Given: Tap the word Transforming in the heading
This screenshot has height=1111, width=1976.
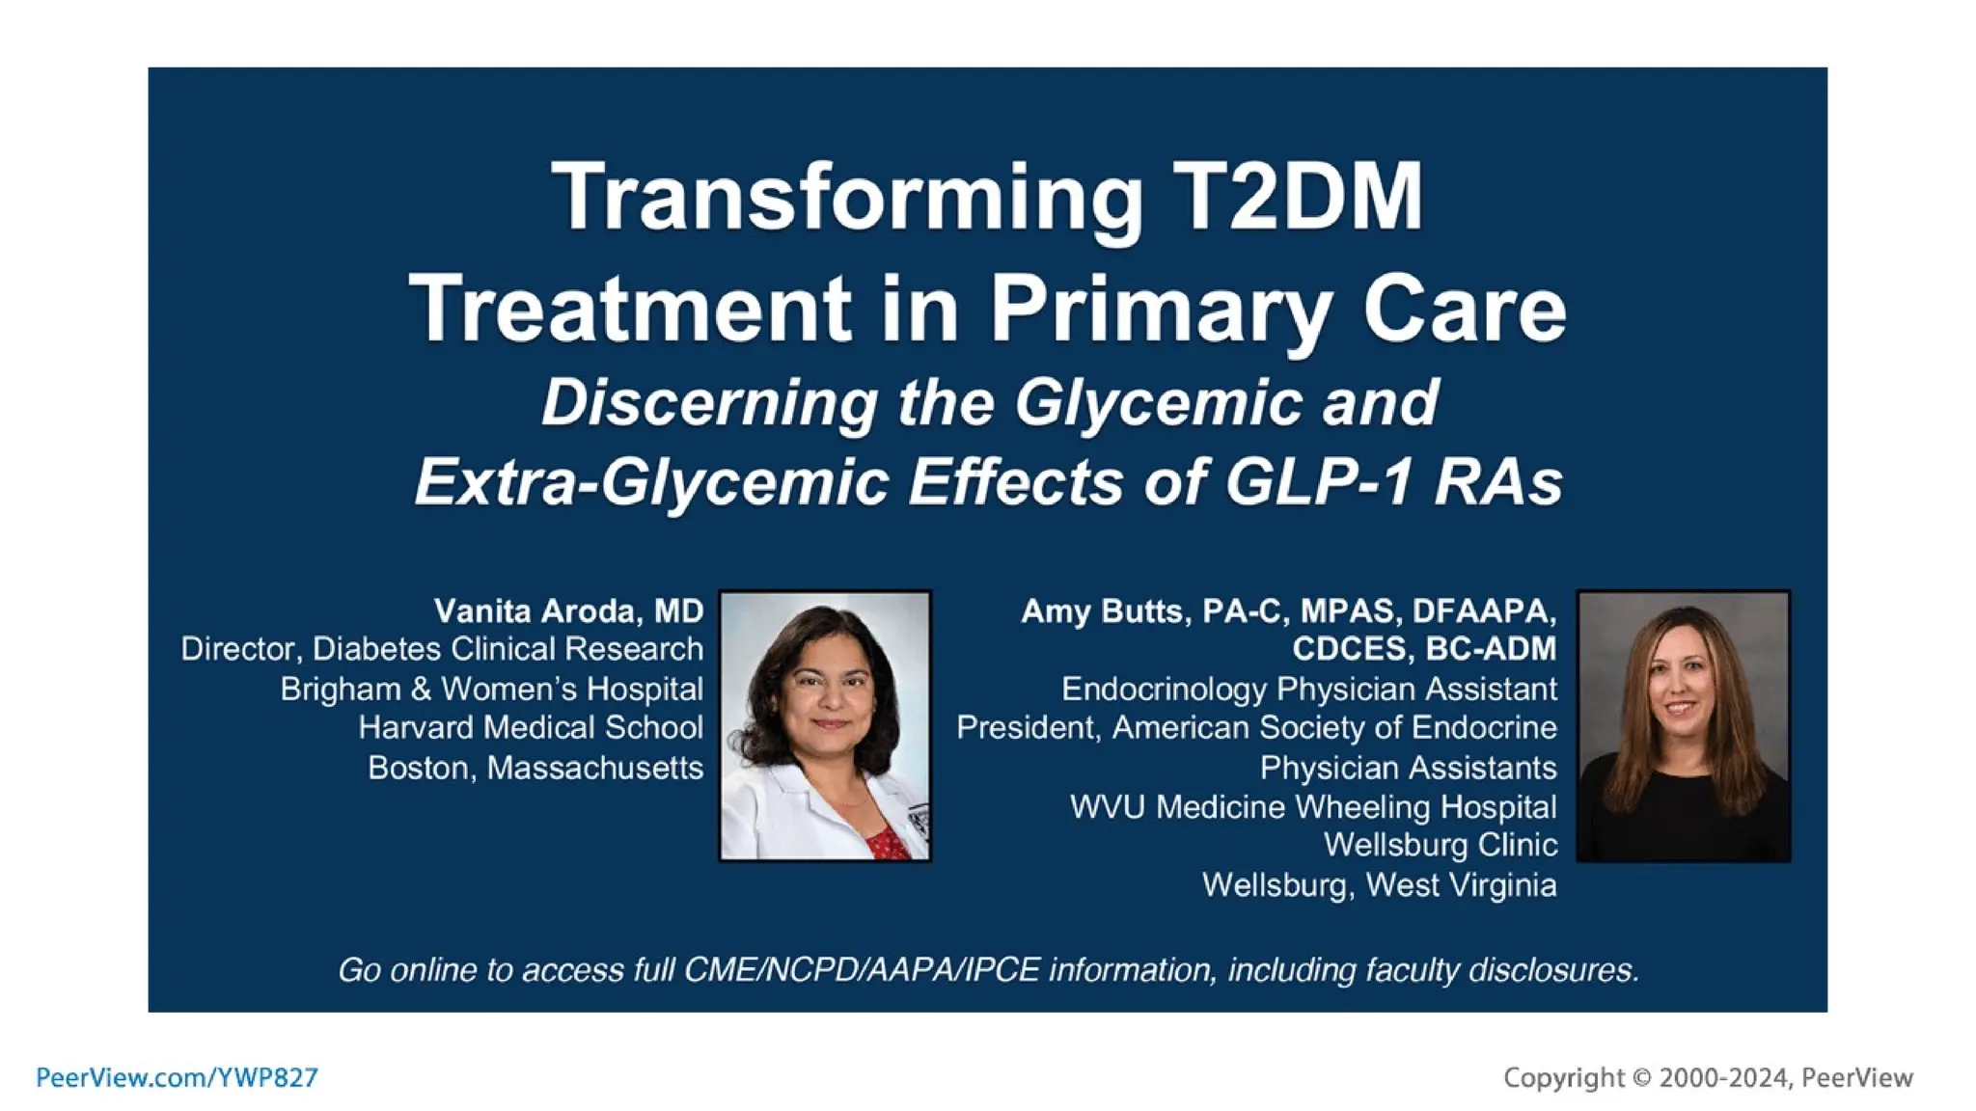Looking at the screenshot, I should click(x=846, y=198).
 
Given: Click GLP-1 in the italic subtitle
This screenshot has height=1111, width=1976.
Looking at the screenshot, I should click(x=1317, y=481).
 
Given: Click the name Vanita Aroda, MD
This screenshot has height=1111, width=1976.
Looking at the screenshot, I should click(x=568, y=610).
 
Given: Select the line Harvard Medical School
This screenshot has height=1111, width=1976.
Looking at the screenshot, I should click(x=531, y=727).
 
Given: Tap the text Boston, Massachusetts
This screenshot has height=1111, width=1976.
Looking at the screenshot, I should click(x=535, y=768).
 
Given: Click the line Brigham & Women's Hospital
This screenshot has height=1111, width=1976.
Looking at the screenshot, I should click(x=491, y=689).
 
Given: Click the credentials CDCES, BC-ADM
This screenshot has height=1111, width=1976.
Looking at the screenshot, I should click(x=1424, y=649).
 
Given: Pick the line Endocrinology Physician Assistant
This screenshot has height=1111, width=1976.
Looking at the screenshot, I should click(x=1308, y=689).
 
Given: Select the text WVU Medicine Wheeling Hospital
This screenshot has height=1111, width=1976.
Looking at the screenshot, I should click(x=1312, y=806).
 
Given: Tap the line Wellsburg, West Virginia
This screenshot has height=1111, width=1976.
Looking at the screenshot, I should click(x=1379, y=884).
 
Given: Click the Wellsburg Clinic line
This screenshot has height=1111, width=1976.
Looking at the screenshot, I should click(x=1440, y=845).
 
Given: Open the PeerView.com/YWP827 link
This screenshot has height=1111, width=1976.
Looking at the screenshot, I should click(x=177, y=1077).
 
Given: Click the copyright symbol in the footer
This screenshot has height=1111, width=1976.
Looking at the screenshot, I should click(x=1642, y=1077).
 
